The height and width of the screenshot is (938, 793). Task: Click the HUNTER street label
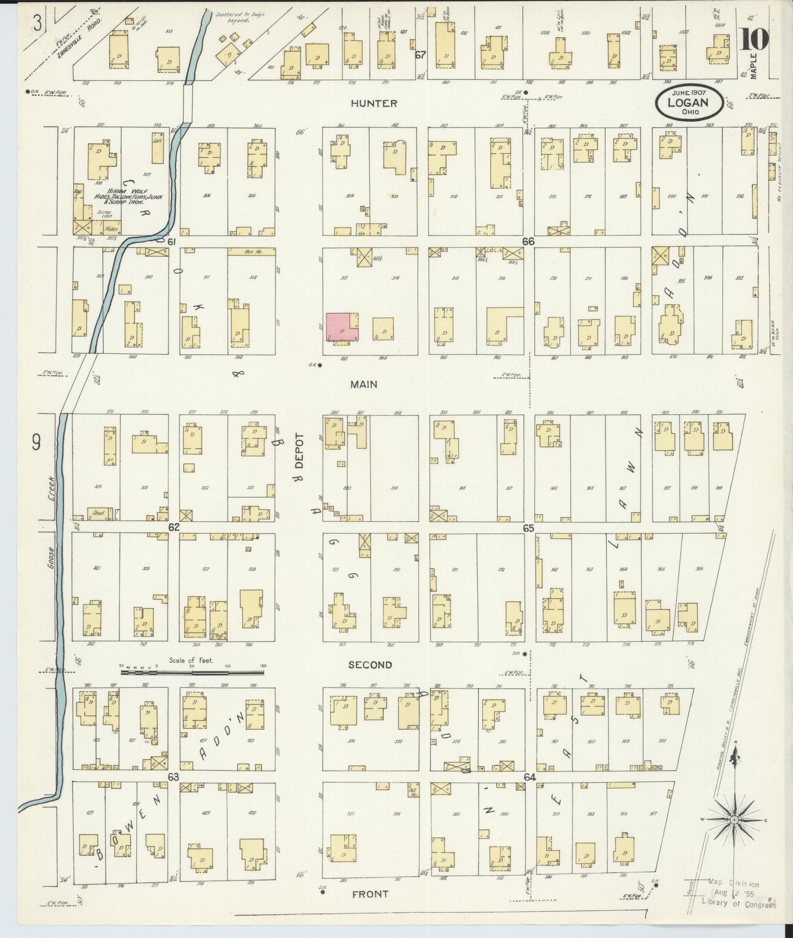click(x=374, y=103)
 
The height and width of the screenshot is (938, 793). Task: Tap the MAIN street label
click(x=364, y=385)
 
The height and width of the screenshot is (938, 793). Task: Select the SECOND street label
click(x=370, y=665)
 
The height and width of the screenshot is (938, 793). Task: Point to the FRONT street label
click(x=370, y=894)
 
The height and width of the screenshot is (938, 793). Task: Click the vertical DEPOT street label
click(x=300, y=450)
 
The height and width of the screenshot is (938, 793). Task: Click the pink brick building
click(x=341, y=327)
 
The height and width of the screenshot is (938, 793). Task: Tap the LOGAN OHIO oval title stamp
click(x=687, y=103)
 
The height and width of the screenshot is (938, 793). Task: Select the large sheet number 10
click(x=755, y=40)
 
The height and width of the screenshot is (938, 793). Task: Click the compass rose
click(x=733, y=820)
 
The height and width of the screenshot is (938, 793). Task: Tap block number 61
click(x=171, y=242)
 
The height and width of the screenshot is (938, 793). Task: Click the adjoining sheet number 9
click(x=36, y=442)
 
